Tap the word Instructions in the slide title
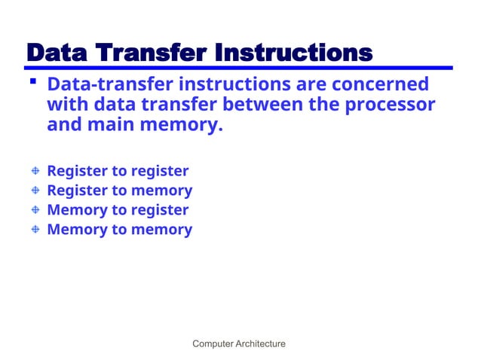(293, 53)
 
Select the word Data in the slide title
(57, 53)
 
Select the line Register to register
(118, 171)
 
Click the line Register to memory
(119, 191)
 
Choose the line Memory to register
(118, 210)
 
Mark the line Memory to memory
(119, 230)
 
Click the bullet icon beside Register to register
(34, 172)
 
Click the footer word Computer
(213, 344)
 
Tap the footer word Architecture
(261, 344)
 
